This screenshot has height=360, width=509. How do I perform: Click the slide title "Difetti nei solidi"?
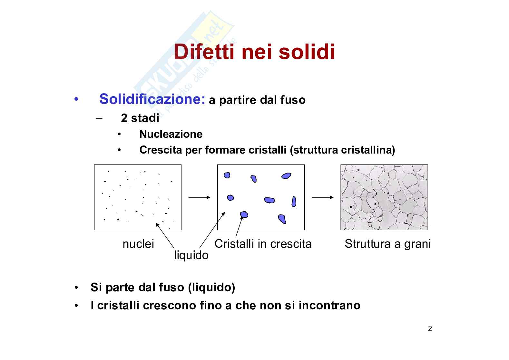click(x=254, y=52)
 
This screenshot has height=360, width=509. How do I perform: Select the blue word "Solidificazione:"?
click(x=152, y=99)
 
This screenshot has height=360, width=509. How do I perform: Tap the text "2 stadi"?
click(x=140, y=118)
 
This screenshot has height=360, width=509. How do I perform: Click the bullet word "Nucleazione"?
click(x=171, y=134)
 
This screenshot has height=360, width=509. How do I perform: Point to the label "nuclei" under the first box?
click(x=138, y=244)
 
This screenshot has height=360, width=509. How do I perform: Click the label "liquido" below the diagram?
click(x=191, y=255)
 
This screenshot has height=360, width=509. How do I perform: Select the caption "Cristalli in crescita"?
click(x=263, y=244)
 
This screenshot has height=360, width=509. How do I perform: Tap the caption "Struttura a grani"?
click(x=388, y=244)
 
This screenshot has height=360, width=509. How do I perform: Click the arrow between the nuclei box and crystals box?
click(x=199, y=197)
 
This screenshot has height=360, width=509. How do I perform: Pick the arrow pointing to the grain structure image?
click(x=323, y=197)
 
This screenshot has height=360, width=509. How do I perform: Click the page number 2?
click(x=430, y=328)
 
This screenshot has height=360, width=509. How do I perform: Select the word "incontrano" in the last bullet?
click(x=329, y=305)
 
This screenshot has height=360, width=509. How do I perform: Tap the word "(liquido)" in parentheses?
click(x=211, y=287)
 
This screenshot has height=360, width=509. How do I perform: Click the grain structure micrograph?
click(x=384, y=197)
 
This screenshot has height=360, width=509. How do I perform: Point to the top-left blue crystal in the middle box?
click(x=227, y=175)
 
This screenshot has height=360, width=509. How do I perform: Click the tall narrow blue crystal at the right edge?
click(x=294, y=202)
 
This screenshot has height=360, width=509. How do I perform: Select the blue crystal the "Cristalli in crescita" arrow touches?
click(x=244, y=215)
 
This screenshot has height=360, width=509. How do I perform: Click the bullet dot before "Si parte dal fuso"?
click(x=76, y=287)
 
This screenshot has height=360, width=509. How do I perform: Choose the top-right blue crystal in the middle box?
click(x=286, y=175)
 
